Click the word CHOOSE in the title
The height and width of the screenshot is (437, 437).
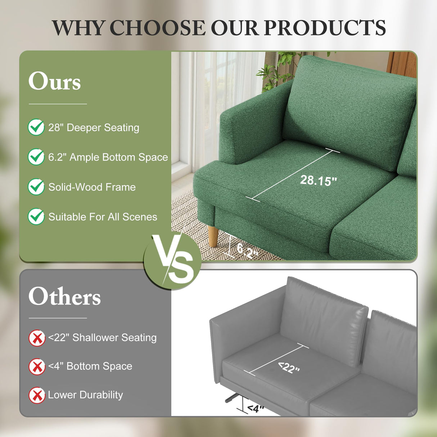pos(157,28)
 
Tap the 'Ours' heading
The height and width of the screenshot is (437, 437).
pos(55,81)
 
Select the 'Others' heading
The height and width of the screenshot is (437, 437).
pos(65,296)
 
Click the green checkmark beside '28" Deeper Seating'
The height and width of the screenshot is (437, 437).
pos(36,127)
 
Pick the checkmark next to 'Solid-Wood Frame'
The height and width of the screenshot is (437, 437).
pos(36,187)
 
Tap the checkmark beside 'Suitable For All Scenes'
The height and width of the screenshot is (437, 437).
pos(36,217)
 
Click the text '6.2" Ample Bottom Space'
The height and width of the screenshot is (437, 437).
pos(108,157)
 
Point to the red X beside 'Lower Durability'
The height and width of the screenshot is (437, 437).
pos(37,395)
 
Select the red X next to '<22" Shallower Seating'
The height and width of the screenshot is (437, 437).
pos(37,338)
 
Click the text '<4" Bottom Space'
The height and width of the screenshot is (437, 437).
pos(90,366)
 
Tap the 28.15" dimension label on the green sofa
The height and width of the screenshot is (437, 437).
pos(318,180)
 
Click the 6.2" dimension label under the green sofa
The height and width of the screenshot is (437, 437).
pos(247,250)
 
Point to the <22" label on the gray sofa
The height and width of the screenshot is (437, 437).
pos(289,367)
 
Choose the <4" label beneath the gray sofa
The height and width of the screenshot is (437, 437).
pos(255,409)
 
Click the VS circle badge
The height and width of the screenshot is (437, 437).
pos(173,260)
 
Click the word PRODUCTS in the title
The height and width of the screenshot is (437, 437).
pos(325,28)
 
